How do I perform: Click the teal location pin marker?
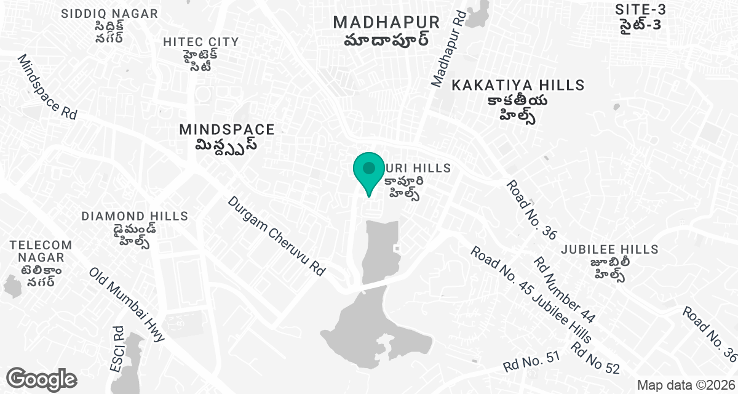[368, 170]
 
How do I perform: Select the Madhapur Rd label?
[447, 47]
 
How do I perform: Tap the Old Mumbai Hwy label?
[127, 305]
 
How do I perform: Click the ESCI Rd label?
[117, 349]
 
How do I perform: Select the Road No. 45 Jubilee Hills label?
[531, 294]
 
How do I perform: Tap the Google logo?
[41, 379]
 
